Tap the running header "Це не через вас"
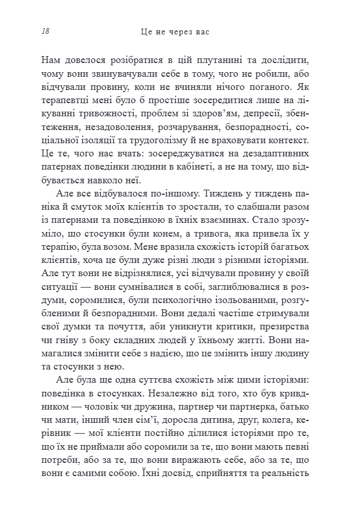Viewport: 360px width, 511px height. [175, 32]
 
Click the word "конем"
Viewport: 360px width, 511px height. [187, 231]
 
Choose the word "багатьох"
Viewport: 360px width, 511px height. [289, 245]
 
